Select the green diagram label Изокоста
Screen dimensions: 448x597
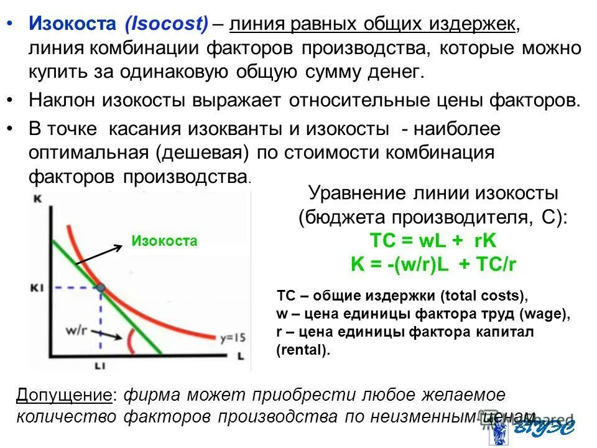click(164, 241)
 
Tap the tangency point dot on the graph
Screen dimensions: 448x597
click(101, 287)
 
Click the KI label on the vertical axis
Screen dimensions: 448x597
click(35, 287)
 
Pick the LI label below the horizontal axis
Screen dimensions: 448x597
click(100, 367)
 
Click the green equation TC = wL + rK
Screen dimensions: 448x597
click(433, 241)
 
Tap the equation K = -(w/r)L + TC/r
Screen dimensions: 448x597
click(433, 264)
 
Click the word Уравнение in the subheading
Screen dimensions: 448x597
click(356, 194)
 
